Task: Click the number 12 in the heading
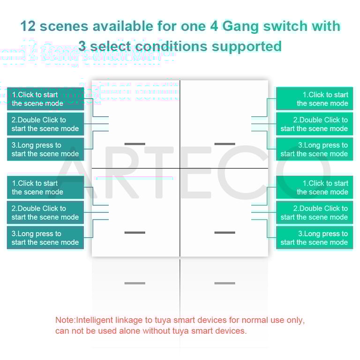point(28,26)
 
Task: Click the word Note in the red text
point(65,321)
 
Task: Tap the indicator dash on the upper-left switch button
point(135,144)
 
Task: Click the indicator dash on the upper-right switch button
point(225,144)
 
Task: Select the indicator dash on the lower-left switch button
point(135,232)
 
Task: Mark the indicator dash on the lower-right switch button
point(225,232)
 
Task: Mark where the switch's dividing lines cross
point(180,168)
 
